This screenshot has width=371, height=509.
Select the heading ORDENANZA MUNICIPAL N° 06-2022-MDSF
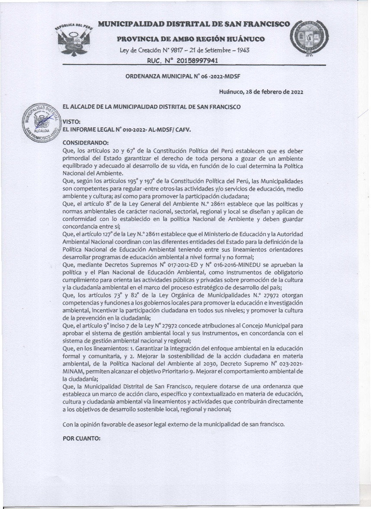click(x=183, y=76)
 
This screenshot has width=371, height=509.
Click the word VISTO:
click(x=72, y=122)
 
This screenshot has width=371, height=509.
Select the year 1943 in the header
click(x=241, y=50)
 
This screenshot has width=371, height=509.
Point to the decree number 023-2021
click(x=287, y=362)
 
